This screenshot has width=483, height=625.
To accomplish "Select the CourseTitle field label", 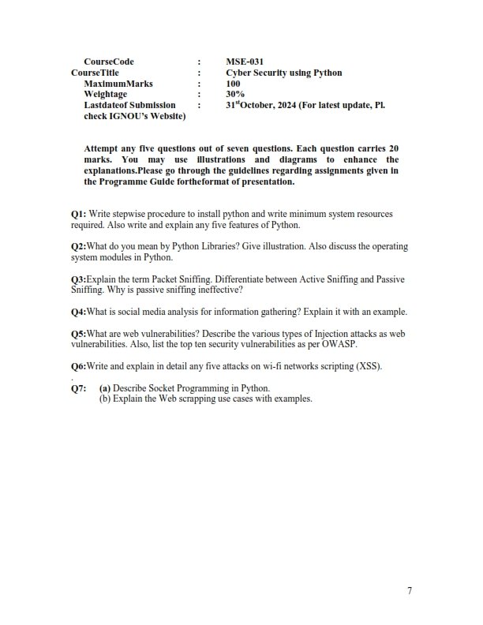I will pyautogui.click(x=95, y=73).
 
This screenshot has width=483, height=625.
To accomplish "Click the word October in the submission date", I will pyautogui.click(x=260, y=104).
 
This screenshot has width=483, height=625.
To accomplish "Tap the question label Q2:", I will pyautogui.click(x=78, y=246).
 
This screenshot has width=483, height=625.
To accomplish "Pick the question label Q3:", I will pyautogui.click(x=78, y=279).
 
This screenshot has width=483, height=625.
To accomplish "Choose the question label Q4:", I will pyautogui.click(x=78, y=312).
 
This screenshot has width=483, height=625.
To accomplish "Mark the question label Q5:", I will pyautogui.click(x=78, y=334).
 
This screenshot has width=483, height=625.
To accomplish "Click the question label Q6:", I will pyautogui.click(x=78, y=367).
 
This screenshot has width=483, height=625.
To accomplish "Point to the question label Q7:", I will pyautogui.click(x=79, y=388).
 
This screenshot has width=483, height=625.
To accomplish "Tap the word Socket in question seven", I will pyautogui.click(x=165, y=388).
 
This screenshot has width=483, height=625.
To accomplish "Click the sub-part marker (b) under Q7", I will pyautogui.click(x=105, y=399).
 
